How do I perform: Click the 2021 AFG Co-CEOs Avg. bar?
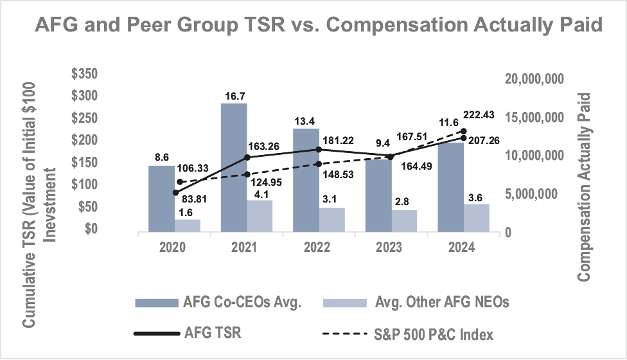(x=234, y=167)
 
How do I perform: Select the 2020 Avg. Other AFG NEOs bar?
(x=188, y=226)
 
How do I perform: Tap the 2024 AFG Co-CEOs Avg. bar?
(x=451, y=187)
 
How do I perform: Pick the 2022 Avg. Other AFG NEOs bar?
(x=332, y=220)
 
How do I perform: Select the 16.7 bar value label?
(x=234, y=96)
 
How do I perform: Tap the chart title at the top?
(x=313, y=26)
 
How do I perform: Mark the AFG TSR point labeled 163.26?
(x=247, y=157)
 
